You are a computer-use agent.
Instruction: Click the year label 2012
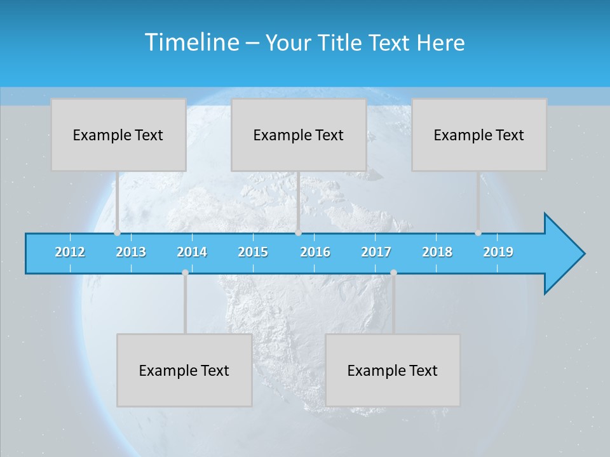click(70, 252)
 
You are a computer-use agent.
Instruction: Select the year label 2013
click(131, 252)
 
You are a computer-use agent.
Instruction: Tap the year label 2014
click(192, 252)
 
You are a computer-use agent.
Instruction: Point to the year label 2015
click(253, 252)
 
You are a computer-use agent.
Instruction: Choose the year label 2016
click(315, 252)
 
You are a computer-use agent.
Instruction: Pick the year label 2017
click(376, 252)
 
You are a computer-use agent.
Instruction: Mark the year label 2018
click(437, 252)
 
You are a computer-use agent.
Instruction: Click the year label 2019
click(498, 252)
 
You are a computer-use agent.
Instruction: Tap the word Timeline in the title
click(191, 43)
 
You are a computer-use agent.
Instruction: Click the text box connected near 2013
click(118, 135)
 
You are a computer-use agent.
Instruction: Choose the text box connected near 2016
click(299, 135)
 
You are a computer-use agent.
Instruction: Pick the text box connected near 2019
click(479, 135)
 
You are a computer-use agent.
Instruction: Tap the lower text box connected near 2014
click(184, 370)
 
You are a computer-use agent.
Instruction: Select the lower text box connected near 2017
click(393, 370)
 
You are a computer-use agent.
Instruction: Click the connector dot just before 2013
click(117, 233)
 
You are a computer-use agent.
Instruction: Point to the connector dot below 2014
click(185, 273)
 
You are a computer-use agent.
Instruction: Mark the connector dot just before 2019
click(478, 233)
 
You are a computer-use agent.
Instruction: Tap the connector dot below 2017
click(393, 273)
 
